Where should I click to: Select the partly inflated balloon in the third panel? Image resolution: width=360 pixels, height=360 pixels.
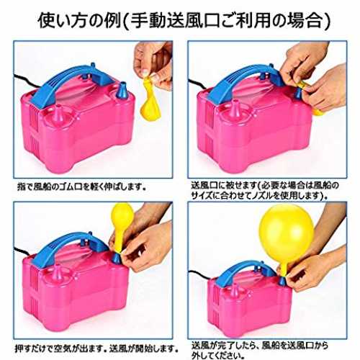click(121, 225)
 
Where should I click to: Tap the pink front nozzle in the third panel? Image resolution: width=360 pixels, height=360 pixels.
click(58, 273)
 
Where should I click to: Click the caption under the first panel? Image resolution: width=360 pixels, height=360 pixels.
click(82, 186)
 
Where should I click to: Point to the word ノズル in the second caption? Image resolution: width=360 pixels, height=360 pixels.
click(262, 196)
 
